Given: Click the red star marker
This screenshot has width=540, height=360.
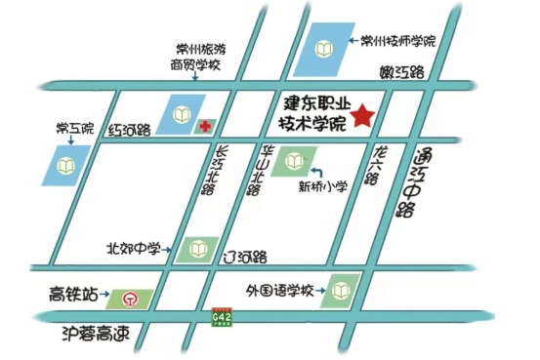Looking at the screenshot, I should click(x=363, y=116).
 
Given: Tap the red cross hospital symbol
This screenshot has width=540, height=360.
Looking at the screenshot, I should click(x=205, y=126).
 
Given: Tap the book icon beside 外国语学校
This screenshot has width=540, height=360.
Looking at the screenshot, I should click(x=340, y=290).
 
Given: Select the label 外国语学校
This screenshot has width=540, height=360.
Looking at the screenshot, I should click(x=282, y=290).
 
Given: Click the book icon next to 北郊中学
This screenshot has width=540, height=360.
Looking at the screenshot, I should click(x=196, y=250).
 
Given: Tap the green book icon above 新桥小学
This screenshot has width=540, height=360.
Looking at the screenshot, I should click(x=294, y=159).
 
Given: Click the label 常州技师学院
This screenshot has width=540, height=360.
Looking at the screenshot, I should click(x=397, y=41).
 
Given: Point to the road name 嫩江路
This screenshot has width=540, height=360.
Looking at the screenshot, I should click(x=404, y=72).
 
